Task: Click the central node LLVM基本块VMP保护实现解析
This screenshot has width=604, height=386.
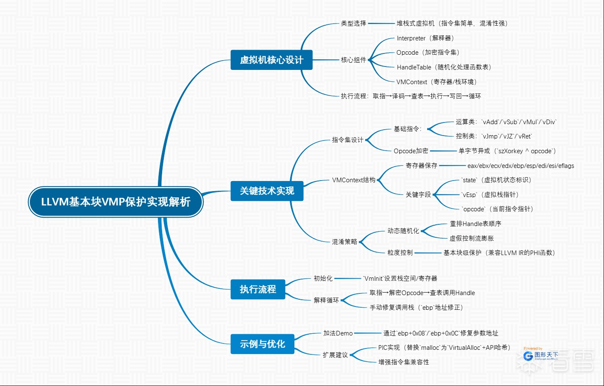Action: coord(115,202)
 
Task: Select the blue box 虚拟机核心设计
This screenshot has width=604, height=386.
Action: coord(271,60)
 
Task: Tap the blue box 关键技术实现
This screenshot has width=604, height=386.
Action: coord(267,191)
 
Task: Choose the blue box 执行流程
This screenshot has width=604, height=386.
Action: coord(258,289)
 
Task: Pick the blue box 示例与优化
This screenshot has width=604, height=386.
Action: coord(262,344)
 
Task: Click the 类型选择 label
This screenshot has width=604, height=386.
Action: coord(353,24)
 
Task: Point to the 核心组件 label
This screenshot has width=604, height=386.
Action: coord(353,60)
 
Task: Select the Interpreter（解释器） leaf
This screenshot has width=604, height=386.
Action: coord(425,38)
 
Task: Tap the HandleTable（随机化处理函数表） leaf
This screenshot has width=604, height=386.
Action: coord(444,67)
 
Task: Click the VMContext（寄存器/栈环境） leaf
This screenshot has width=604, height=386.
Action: coord(436,82)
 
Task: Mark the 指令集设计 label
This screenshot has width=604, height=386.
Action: coord(347,140)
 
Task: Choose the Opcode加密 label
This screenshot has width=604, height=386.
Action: coord(411,151)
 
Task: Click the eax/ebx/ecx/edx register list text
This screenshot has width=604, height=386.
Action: coord(521,166)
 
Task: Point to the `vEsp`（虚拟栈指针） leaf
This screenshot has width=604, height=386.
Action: coord(490,194)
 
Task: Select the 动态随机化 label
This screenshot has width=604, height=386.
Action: coord(403,231)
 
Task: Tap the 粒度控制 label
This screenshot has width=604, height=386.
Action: coord(400,253)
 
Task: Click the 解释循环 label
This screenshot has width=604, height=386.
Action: coord(326,300)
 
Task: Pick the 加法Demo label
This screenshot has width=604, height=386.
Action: coord(338,333)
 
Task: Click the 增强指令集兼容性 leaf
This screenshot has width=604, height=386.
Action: coord(404,362)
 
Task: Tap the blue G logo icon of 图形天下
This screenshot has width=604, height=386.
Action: coord(528,356)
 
